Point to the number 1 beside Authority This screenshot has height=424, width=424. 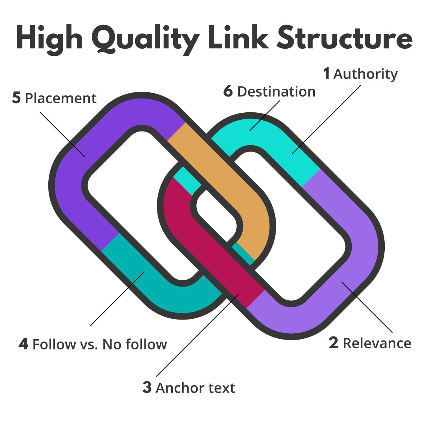[x=326, y=73]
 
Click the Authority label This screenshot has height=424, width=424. [x=366, y=74]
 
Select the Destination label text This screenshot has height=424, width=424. [x=276, y=91]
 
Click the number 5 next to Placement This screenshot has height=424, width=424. [x=16, y=98]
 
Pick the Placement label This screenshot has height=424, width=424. [x=60, y=98]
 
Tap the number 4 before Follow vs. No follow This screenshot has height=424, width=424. [x=24, y=344]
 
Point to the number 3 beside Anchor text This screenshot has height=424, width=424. [x=147, y=387]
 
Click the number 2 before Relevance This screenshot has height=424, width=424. [x=333, y=343]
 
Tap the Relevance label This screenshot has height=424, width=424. [x=377, y=343]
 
